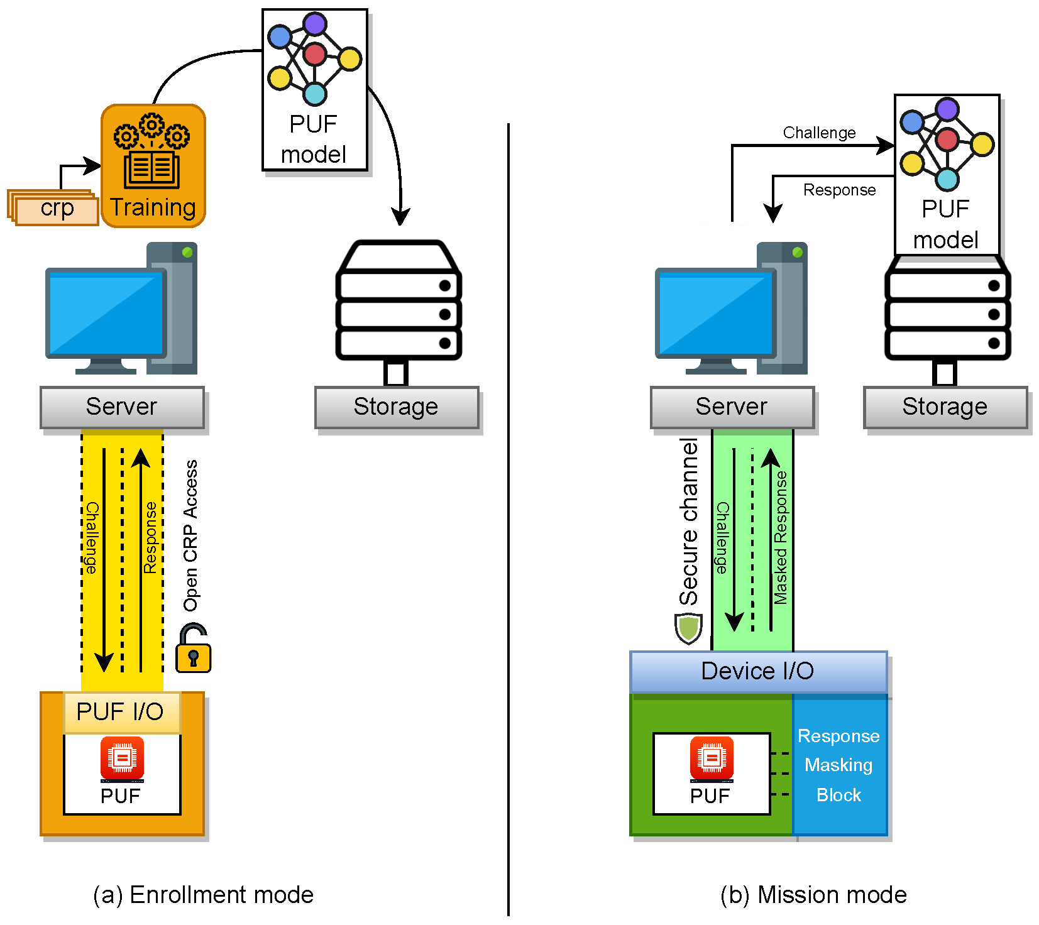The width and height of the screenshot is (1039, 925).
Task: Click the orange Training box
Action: click(x=153, y=166)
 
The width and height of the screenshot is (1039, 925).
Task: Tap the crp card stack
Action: click(x=55, y=208)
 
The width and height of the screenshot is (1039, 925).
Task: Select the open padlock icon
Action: click(x=193, y=649)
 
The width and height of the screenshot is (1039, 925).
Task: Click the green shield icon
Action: click(x=688, y=628)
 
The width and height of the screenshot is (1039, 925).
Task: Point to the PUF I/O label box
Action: click(x=121, y=712)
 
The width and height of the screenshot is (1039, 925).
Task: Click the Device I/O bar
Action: click(x=758, y=671)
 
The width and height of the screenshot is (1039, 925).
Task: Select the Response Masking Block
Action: click(x=839, y=765)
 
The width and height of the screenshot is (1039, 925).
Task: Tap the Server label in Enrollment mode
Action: click(x=122, y=407)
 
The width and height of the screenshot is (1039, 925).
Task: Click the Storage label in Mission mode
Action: click(x=945, y=407)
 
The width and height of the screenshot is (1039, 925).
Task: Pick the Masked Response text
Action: click(x=781, y=538)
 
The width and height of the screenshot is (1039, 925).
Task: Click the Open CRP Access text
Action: click(x=190, y=535)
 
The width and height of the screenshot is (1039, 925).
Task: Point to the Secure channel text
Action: click(x=689, y=522)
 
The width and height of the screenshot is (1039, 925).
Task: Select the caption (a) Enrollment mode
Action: click(x=203, y=894)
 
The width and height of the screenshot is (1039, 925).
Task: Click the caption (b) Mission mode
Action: click(x=813, y=894)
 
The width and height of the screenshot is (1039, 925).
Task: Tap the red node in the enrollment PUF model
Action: click(x=314, y=54)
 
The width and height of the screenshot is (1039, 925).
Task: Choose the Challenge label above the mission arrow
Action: click(x=819, y=133)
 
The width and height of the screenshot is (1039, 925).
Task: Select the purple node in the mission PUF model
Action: click(x=947, y=109)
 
